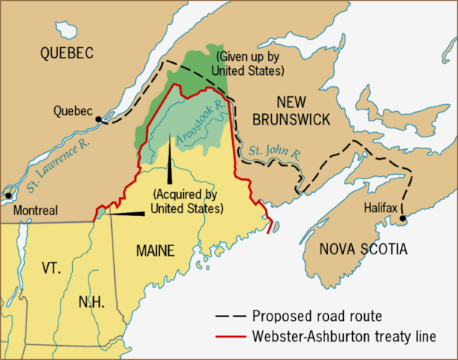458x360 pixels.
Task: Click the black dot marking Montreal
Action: (x=8, y=196)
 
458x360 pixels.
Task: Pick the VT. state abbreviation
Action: (x=51, y=268)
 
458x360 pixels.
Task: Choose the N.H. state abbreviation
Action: (x=92, y=302)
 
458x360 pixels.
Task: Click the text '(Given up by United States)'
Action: (x=251, y=64)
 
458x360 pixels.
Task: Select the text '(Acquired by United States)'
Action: (x=187, y=200)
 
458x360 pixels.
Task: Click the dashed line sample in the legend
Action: (x=230, y=315)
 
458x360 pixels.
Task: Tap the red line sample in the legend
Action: (x=230, y=336)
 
